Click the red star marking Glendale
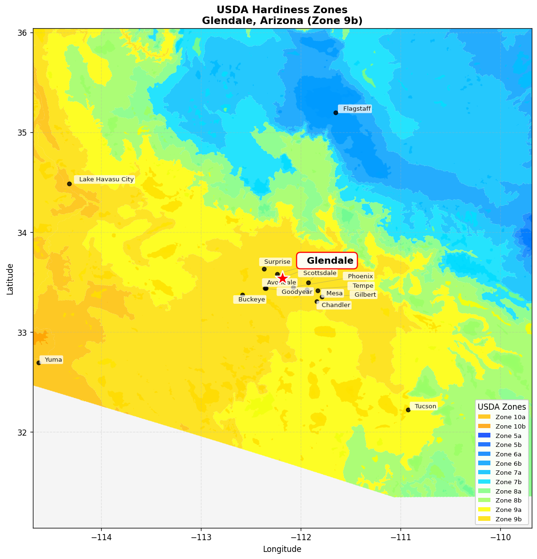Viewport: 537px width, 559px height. (282, 278)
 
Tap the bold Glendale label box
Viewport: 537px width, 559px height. (327, 261)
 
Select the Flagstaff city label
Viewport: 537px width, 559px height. (355, 109)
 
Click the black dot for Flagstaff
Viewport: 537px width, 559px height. (336, 113)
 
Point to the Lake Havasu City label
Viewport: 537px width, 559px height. (105, 179)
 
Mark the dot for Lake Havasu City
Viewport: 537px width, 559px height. (69, 184)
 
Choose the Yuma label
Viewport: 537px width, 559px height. (52, 360)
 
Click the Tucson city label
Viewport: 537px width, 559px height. (424, 406)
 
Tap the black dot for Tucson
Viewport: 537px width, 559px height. (408, 410)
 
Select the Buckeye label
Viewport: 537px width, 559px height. (250, 300)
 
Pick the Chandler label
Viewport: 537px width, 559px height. (334, 305)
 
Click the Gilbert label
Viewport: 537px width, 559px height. (364, 295)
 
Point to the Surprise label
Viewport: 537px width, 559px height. (276, 262)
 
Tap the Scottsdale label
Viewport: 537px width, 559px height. (318, 273)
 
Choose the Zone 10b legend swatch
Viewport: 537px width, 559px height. (484, 426)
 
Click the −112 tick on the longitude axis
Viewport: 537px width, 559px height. (301, 537)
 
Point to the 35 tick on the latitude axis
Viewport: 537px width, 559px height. (22, 132)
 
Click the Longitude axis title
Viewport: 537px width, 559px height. (282, 549)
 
